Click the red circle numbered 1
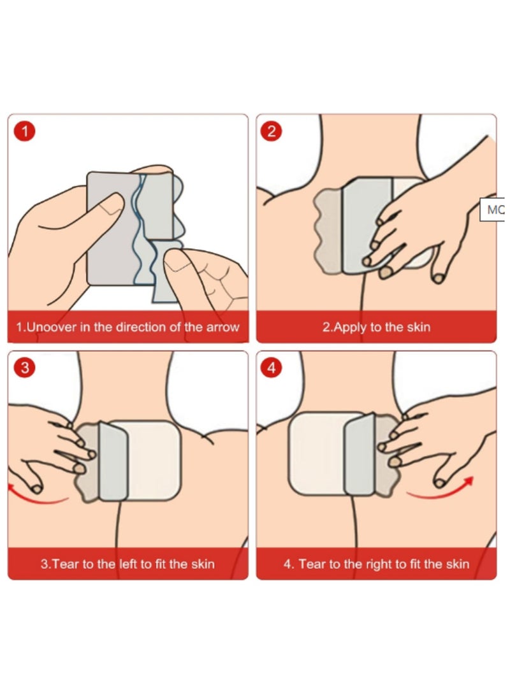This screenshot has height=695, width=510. coord(25,131)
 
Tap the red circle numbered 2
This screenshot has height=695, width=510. coord(272,131)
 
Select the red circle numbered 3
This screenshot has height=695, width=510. coord(25,368)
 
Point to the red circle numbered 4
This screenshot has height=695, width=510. coord(272,368)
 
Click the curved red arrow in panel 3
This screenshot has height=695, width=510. coord(36,501)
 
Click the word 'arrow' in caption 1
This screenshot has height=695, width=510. coord(222,327)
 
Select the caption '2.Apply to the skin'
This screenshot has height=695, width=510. coord(376,327)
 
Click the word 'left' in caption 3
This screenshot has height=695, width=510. coord(128,564)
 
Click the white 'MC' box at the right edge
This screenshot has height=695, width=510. coord(493,210)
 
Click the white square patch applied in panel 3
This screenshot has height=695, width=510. coord(154,460)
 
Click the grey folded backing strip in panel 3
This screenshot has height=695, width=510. coord(113,461)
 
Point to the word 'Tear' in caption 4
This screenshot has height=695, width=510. coord(312,564)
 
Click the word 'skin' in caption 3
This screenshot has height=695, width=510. coord(203,564)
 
